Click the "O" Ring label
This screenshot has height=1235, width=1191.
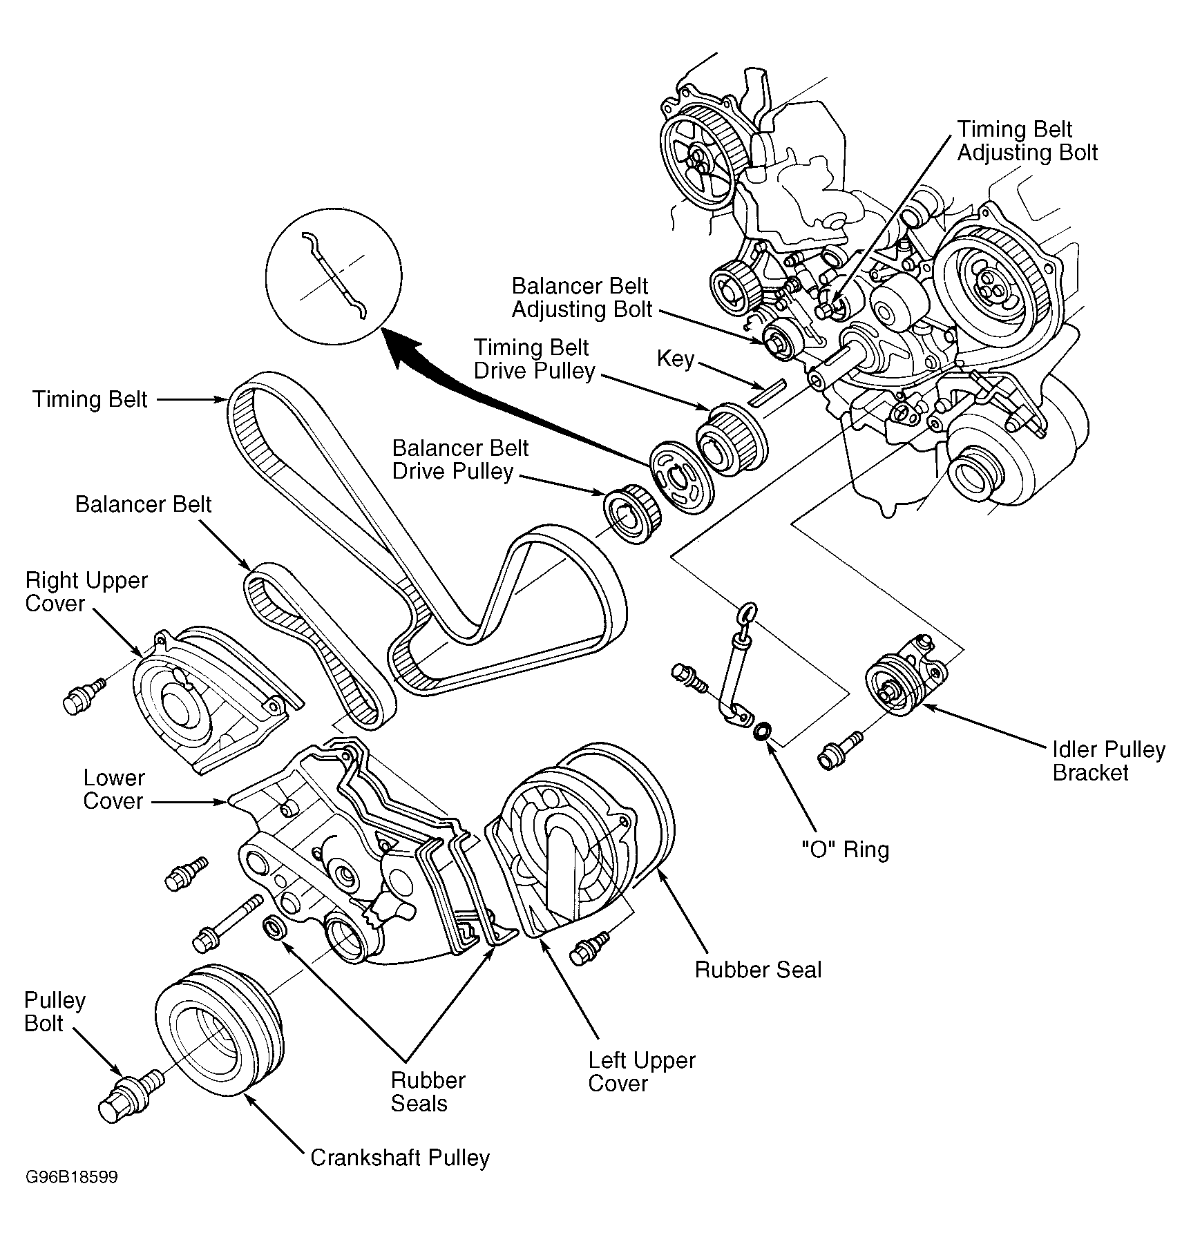click(845, 849)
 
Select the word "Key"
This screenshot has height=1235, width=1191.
click(675, 358)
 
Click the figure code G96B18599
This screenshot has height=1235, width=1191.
click(72, 1177)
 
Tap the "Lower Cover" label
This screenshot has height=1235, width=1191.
click(114, 789)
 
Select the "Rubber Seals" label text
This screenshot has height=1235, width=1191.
click(428, 1091)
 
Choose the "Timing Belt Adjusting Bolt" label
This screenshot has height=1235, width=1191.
click(1027, 141)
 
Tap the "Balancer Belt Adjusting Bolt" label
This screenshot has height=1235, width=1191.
click(582, 298)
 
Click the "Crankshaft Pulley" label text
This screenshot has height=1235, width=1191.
click(400, 1158)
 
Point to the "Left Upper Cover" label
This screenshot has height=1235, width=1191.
click(642, 1071)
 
